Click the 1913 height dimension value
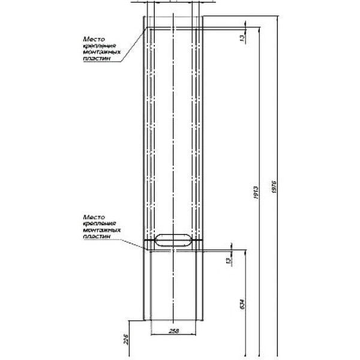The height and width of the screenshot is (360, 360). coord(256,193)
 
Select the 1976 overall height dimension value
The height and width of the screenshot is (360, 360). coord(274,185)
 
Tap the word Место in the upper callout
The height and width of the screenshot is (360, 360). coord(93,39)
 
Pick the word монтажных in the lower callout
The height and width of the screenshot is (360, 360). coord(96,230)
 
